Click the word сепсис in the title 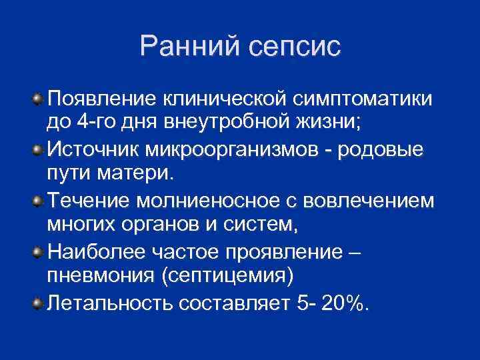click(x=293, y=47)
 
